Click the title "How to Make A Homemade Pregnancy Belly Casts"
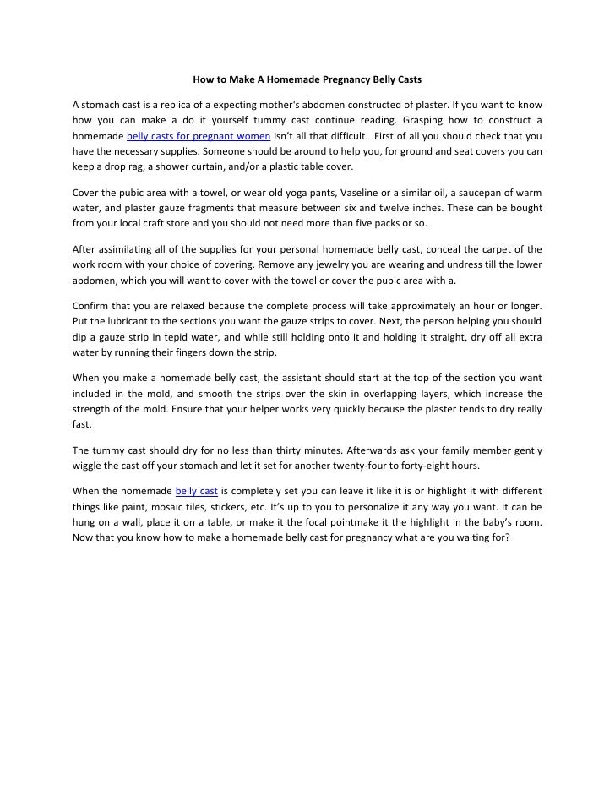pos(307,81)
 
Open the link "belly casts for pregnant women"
pos(199,135)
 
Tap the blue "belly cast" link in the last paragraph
pos(196,491)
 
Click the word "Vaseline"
pos(362,191)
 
